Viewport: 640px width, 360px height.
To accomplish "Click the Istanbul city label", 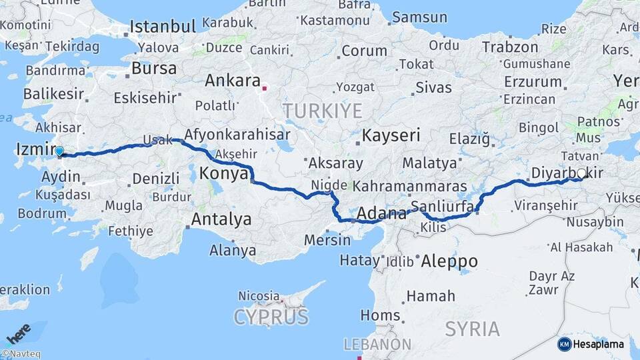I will pyautogui.click(x=163, y=27).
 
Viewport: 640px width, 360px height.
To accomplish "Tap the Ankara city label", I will pyautogui.click(x=232, y=81).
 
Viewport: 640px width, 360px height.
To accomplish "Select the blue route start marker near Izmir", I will pyautogui.click(x=59, y=152).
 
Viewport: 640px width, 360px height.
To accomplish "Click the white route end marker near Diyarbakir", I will pyautogui.click(x=581, y=173).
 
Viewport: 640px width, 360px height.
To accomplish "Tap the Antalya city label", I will pyautogui.click(x=221, y=219).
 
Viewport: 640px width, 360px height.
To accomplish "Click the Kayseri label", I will pyautogui.click(x=391, y=136).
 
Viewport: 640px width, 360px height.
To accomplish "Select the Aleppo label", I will pyautogui.click(x=449, y=261).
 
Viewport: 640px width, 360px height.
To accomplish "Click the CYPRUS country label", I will pyautogui.click(x=271, y=316).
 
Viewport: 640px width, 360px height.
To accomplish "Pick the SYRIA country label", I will pyautogui.click(x=472, y=329).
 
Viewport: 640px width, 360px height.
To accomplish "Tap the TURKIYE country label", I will pyautogui.click(x=322, y=111).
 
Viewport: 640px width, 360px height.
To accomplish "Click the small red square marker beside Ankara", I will pyautogui.click(x=265, y=87).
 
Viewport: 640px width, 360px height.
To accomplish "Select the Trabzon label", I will pyautogui.click(x=509, y=47).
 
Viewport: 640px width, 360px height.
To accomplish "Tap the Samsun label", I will pyautogui.click(x=419, y=17).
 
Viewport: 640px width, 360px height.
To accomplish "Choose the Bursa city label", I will pyautogui.click(x=154, y=68).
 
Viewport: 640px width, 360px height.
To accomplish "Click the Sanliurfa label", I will pyautogui.click(x=443, y=206).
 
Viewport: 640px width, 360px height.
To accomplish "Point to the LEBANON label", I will pyautogui.click(x=377, y=344).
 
